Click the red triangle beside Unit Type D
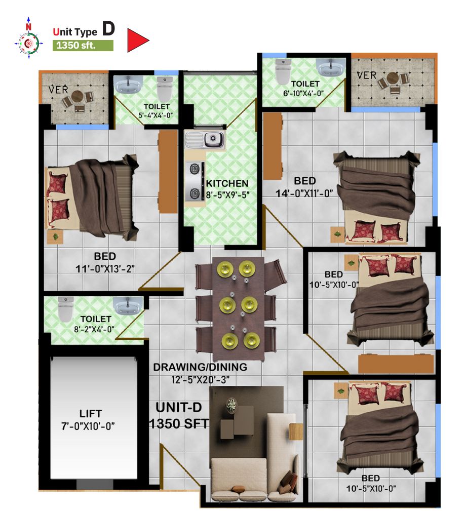[x=137, y=40]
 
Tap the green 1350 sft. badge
[x=83, y=45]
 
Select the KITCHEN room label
[x=227, y=183]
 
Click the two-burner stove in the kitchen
[x=195, y=181]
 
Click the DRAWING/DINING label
[x=200, y=367]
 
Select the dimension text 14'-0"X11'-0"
[x=304, y=193]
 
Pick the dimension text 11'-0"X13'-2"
[x=105, y=268]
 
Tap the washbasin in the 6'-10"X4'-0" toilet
[x=331, y=68]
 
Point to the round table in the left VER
[x=77, y=96]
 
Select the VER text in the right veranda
[x=366, y=75]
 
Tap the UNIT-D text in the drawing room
[x=178, y=407]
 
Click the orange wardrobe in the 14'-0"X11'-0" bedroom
[x=273, y=146]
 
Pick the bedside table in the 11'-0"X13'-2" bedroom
[x=55, y=236]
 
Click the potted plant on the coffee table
[x=231, y=405]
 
